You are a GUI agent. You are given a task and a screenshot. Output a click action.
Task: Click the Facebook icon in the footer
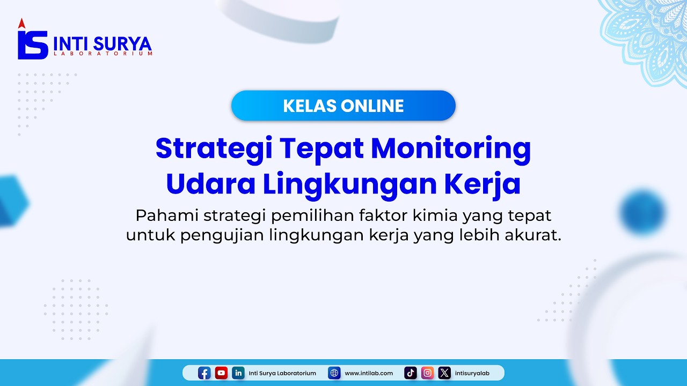[x=204, y=373]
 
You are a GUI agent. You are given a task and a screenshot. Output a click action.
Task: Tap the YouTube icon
[x=221, y=373]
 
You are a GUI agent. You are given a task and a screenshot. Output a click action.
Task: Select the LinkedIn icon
[x=238, y=373]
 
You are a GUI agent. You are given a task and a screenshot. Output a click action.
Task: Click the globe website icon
[x=334, y=373]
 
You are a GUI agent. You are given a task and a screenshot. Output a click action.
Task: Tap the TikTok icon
[x=411, y=373]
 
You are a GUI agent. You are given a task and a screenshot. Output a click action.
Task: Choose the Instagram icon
[x=427, y=373]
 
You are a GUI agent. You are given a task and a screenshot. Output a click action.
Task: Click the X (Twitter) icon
[x=444, y=373]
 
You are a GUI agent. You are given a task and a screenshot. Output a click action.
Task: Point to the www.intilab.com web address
[x=369, y=373]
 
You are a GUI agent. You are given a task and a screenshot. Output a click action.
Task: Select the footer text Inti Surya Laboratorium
[x=282, y=373]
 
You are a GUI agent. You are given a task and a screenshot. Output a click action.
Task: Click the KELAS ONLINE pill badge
[x=343, y=106]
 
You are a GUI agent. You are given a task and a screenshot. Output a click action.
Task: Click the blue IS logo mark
[x=33, y=43]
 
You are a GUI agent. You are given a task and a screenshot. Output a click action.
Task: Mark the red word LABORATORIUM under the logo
[x=103, y=54]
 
